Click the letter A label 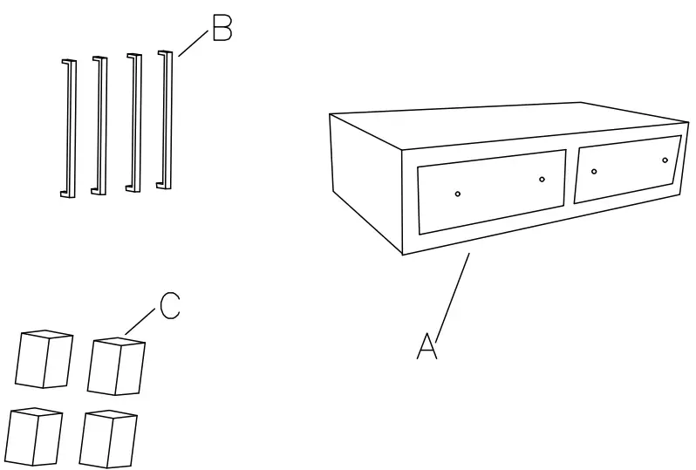coord(426,345)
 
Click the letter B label coord(222,31)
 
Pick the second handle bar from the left coord(99,126)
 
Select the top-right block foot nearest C coord(118,365)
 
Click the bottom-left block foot coord(34,437)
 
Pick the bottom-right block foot coord(108,439)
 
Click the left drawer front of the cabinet coord(491,191)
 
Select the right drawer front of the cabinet coord(627,168)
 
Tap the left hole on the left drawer coord(458,194)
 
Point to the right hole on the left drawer coord(542,180)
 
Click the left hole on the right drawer coord(594,171)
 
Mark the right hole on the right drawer coord(665,160)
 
